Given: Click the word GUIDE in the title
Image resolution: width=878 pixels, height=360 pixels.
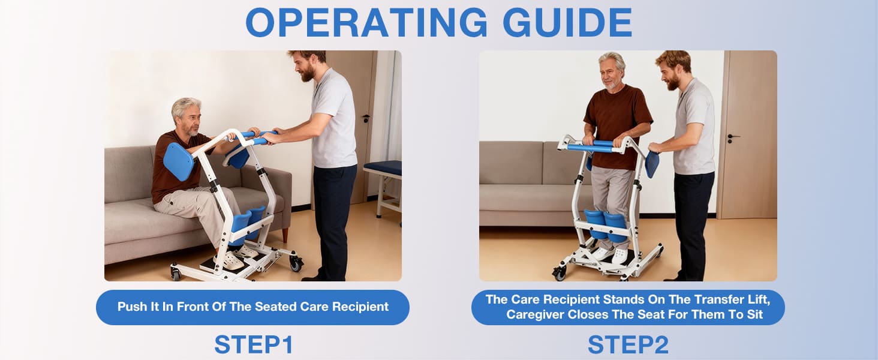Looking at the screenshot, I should (567, 23).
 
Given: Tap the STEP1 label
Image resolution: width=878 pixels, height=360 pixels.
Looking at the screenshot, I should (254, 344).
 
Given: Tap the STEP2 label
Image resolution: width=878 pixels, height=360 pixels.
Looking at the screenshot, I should (628, 344).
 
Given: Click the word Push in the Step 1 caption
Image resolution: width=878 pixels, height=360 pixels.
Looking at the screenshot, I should (131, 307).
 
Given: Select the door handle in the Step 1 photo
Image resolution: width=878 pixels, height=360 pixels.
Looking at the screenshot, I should (365, 119).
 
